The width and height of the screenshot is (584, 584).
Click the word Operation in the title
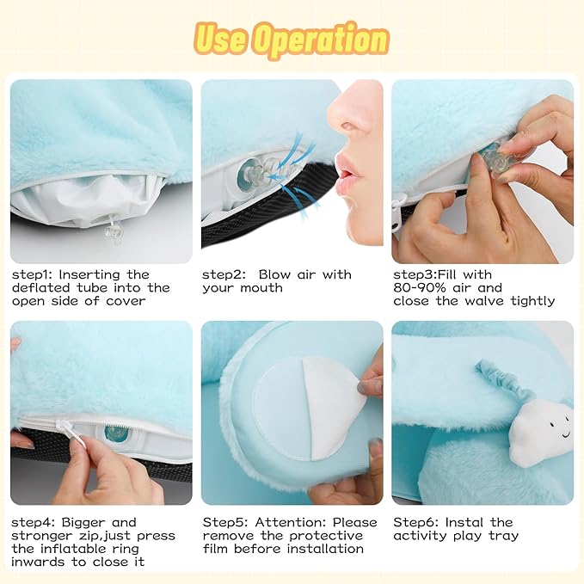323,40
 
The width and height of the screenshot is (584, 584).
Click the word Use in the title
220,38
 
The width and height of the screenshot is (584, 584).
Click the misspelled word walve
484,301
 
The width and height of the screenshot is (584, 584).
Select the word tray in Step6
504,537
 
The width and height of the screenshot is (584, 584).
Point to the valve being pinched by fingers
495,159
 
